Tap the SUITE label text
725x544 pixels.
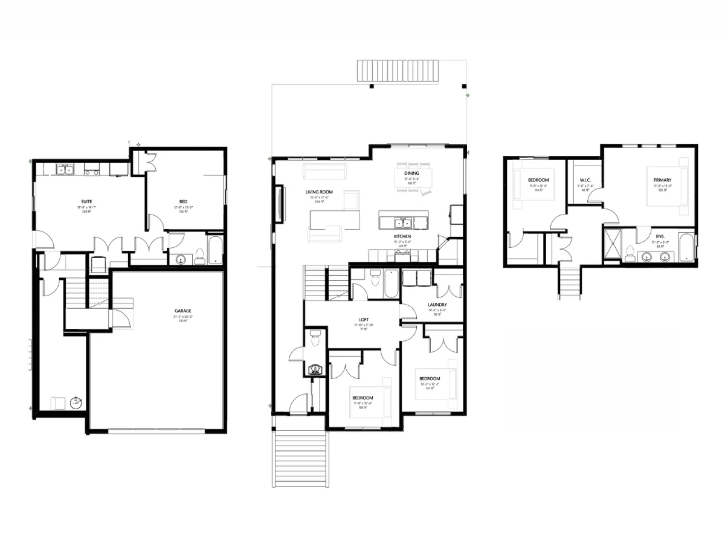coord(86,201)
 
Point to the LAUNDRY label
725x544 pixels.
coord(437,305)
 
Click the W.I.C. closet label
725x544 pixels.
coord(585,180)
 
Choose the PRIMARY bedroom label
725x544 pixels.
coord(662,180)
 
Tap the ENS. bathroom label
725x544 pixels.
coord(660,237)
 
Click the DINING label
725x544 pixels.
coord(411,173)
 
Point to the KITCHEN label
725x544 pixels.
coord(403,236)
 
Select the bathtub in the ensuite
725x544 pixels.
coord(686,247)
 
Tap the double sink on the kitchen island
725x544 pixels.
coord(403,221)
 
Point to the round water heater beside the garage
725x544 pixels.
coord(76,402)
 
